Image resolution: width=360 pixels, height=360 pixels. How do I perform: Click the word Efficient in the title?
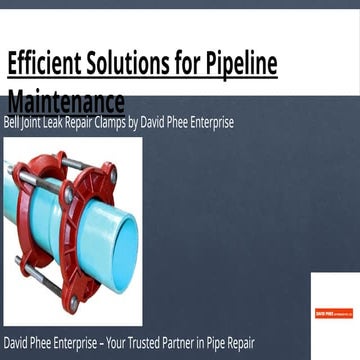coord(41,65)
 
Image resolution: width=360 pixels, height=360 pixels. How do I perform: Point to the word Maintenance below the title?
coord(65,100)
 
